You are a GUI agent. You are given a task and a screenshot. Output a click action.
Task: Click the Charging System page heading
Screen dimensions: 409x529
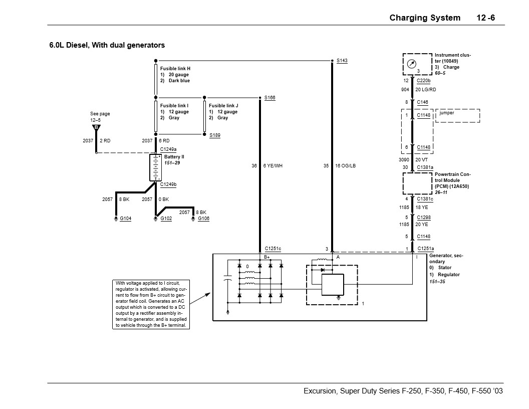425,18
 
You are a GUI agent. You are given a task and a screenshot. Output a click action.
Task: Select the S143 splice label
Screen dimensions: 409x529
342,61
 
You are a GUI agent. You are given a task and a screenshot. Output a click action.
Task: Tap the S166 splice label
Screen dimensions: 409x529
270,98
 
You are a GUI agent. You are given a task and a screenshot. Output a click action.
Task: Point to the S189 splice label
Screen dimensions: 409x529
214,135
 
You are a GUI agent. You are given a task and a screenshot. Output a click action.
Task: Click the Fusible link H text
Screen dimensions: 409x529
175,68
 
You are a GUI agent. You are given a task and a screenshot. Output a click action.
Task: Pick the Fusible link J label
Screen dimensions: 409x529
223,106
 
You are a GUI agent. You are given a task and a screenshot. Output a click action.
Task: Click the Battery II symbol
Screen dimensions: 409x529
155,167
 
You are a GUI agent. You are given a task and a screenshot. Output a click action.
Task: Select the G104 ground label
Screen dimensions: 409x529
125,219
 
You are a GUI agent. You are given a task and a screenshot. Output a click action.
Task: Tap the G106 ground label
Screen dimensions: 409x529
203,219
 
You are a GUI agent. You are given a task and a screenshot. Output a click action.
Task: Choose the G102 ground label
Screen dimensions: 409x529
166,219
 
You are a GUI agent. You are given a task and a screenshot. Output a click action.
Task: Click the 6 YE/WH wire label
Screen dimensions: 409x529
273,166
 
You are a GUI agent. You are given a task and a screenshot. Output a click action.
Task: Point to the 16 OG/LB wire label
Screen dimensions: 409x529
346,166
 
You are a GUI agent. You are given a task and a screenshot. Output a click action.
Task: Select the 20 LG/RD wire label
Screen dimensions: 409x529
425,90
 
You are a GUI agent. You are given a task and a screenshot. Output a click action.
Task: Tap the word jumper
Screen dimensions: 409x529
447,113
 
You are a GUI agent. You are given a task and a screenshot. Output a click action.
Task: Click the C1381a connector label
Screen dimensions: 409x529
425,167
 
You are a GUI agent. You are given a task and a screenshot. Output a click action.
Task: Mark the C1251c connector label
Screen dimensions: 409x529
273,249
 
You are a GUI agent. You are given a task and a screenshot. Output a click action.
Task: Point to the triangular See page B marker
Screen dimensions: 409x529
96,128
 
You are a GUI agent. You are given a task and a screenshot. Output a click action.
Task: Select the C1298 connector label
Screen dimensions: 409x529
423,218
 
